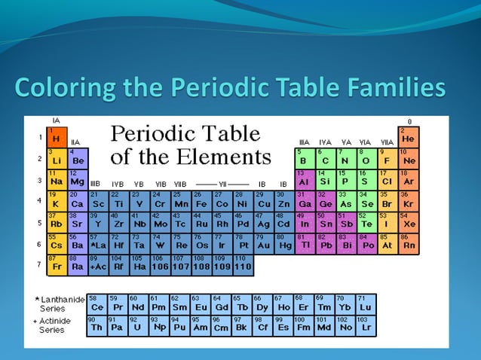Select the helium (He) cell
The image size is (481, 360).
click(407, 137)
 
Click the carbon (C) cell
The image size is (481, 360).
click(324, 158)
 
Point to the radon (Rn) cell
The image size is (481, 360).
click(407, 243)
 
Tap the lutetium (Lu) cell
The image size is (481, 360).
click(365, 304)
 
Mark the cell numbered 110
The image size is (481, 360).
click(243, 264)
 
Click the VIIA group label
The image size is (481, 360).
click(387, 142)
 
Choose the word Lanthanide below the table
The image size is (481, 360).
click(63, 301)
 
